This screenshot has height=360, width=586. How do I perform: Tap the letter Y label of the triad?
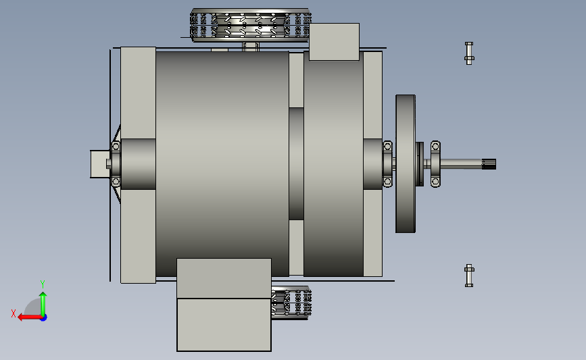click(42, 284)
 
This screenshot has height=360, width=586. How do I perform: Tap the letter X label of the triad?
click(14, 313)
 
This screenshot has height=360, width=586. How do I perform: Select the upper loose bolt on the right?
click(469, 53)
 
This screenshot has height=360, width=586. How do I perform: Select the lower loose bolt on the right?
click(469, 276)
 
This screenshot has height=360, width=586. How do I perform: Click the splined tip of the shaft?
click(489, 164)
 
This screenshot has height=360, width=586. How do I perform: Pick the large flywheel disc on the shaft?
click(406, 163)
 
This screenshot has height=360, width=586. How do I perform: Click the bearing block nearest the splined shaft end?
click(435, 164)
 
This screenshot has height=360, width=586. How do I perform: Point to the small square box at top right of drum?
click(334, 42)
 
